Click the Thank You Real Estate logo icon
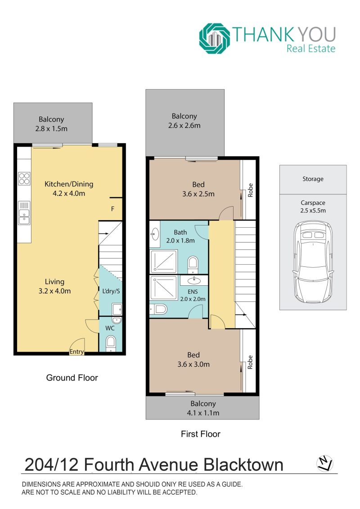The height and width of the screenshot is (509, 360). [x=215, y=38]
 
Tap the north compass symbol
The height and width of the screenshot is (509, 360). [x=324, y=464]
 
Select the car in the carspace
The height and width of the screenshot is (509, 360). [x=313, y=262]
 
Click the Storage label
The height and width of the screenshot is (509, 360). [x=313, y=179]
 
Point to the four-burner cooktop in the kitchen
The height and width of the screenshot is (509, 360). [x=24, y=179]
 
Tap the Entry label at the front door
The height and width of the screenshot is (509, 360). [x=76, y=351]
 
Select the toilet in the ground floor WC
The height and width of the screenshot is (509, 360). [x=111, y=343]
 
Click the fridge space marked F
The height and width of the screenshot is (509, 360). [x=112, y=209]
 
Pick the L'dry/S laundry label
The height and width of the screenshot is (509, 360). [x=111, y=291]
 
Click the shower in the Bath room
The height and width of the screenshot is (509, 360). [x=164, y=261]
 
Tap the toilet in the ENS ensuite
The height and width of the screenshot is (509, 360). [x=158, y=309]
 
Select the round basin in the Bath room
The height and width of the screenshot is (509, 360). [x=154, y=233]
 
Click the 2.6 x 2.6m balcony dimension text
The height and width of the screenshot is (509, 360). [x=184, y=126]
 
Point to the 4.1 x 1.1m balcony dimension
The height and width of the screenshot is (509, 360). [x=203, y=413]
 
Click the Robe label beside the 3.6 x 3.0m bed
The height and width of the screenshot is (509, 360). [x=250, y=362]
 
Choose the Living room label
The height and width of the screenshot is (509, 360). [x=54, y=282]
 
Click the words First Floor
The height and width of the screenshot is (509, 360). [x=201, y=434]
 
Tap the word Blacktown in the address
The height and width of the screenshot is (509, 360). [x=243, y=464]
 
